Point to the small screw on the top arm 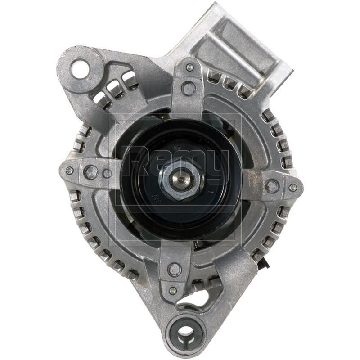tap(189, 68)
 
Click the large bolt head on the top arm tap(188, 88)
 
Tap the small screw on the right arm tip tap(292, 188)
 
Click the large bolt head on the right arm tap(272, 185)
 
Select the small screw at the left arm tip tap(69, 171)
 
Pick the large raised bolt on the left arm tap(91, 172)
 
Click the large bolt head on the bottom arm tap(175, 269)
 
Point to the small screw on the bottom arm tap(172, 290)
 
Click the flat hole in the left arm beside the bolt tap(107, 173)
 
